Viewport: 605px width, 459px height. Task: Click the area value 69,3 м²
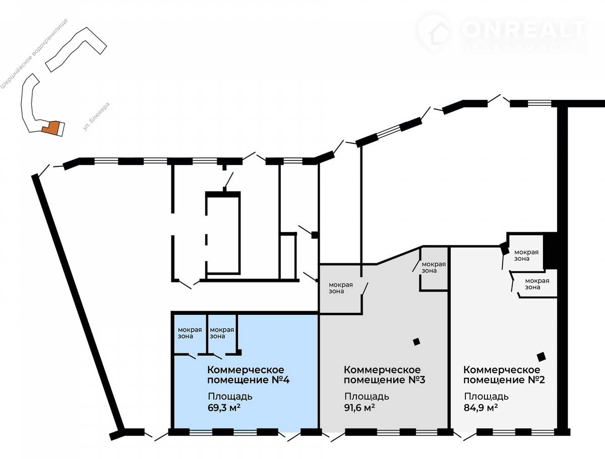pos(224,408)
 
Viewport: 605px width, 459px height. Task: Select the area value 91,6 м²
pos(359,408)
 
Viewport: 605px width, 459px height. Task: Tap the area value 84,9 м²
pos(480,408)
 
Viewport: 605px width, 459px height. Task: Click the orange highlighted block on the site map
pos(51,128)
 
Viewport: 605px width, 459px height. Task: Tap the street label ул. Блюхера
pos(96,117)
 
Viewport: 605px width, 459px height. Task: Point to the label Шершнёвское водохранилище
pos(34,54)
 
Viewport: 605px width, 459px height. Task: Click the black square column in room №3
pos(416,342)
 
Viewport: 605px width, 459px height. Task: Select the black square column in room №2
pos(541,357)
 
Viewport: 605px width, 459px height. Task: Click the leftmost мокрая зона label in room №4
pos(190,333)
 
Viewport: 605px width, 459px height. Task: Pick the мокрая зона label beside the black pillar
pos(526,256)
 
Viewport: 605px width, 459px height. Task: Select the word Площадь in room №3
pos(367,396)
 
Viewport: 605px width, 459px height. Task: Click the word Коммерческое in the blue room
pos(246,369)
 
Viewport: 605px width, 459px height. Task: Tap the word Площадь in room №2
pos(486,396)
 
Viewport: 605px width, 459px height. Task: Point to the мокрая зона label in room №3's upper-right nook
pos(434,267)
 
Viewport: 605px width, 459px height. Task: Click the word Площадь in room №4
pos(230,396)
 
